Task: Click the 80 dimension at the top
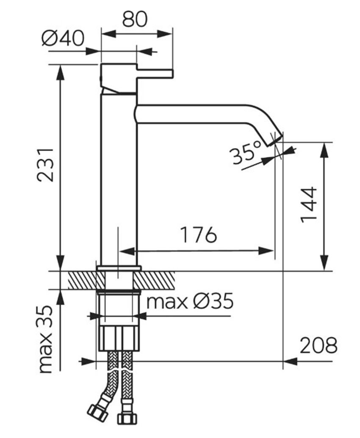click(x=134, y=19)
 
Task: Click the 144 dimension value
click(x=310, y=205)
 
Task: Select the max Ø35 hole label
click(x=190, y=301)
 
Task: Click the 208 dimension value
click(x=318, y=345)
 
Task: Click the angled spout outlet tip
click(x=275, y=140)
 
